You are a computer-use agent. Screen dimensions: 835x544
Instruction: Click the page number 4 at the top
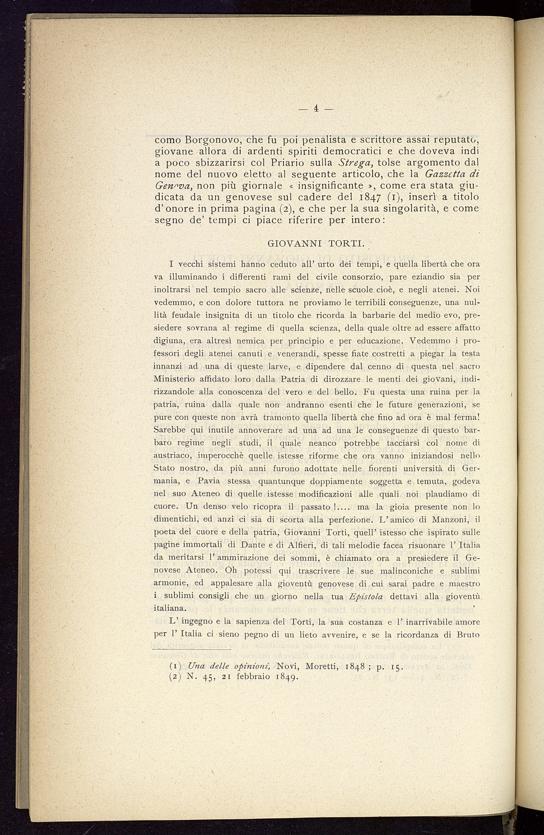click(316, 108)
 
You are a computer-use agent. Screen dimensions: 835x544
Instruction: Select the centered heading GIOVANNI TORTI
click(317, 244)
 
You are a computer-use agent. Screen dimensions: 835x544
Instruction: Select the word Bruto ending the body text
click(467, 635)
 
